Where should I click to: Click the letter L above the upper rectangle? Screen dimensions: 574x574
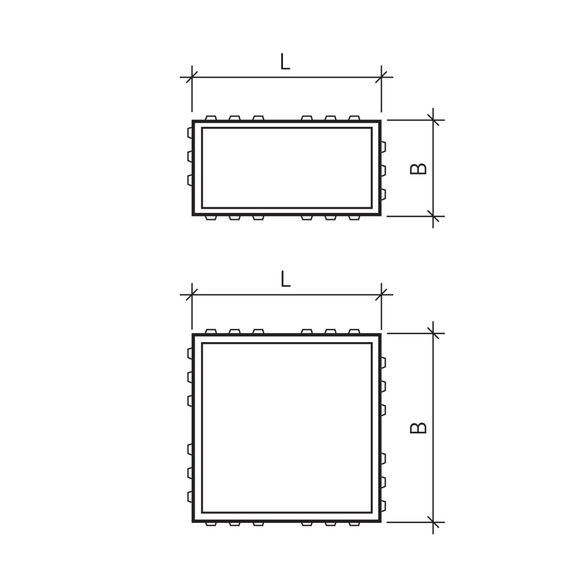(285, 62)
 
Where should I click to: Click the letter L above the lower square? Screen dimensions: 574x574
(285, 280)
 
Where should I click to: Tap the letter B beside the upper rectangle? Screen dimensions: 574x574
(419, 169)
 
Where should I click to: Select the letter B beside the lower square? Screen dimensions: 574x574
(419, 428)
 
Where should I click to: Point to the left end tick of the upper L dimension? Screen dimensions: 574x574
(192, 77)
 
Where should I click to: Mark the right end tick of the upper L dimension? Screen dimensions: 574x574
(381, 77)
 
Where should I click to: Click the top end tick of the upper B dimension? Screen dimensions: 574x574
(433, 120)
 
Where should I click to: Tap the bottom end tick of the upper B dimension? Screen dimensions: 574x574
(433, 216)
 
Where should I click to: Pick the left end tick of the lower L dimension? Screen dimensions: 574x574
(192, 294)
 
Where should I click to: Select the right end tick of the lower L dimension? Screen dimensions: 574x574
(381, 294)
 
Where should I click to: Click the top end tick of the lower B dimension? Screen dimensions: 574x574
(433, 333)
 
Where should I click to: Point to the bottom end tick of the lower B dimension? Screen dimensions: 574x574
(433, 522)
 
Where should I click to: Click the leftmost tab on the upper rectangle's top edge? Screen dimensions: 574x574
(211, 118)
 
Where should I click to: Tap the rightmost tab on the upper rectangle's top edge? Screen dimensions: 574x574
(354, 118)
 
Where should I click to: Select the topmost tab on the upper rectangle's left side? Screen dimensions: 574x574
(190, 133)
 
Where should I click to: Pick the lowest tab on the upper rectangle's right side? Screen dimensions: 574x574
(383, 194)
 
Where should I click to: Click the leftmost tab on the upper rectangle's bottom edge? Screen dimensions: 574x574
(211, 218)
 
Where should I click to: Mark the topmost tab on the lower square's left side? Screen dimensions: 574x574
(190, 354)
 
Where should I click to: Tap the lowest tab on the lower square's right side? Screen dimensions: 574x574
(383, 506)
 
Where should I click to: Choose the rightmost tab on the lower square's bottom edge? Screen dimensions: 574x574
(354, 523)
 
